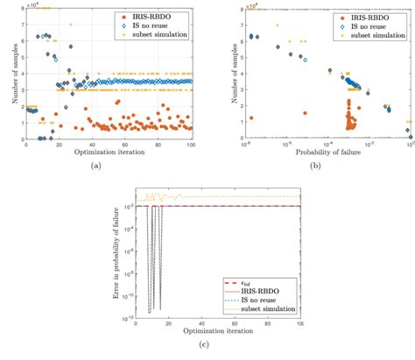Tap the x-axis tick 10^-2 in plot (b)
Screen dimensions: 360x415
[369, 144]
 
